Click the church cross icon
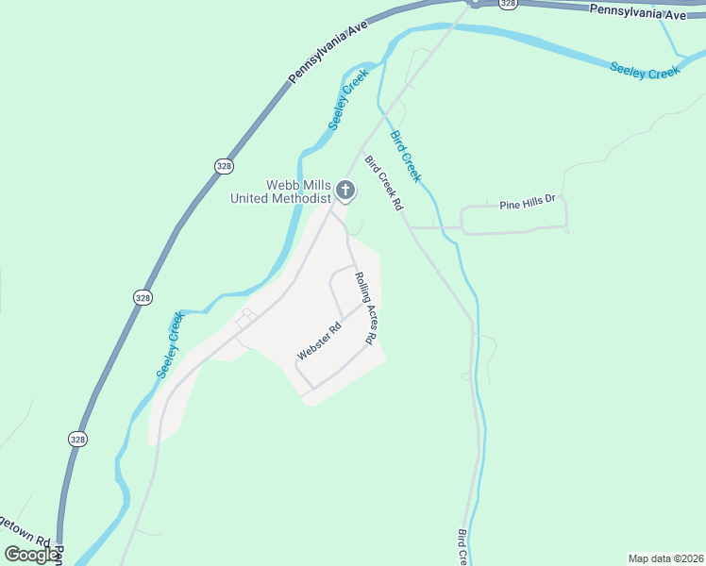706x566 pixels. point(345,191)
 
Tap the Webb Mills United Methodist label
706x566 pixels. point(281,191)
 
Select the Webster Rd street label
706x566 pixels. point(318,341)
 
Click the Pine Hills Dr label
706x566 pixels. point(529,203)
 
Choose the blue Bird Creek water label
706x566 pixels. point(406,157)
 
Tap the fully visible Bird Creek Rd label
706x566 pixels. point(384,183)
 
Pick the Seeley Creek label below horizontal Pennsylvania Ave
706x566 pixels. point(645,70)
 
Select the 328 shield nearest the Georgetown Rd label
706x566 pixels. point(78,439)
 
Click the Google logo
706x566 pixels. point(31,554)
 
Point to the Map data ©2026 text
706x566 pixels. point(665,558)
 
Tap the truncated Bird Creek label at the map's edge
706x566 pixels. point(462,546)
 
